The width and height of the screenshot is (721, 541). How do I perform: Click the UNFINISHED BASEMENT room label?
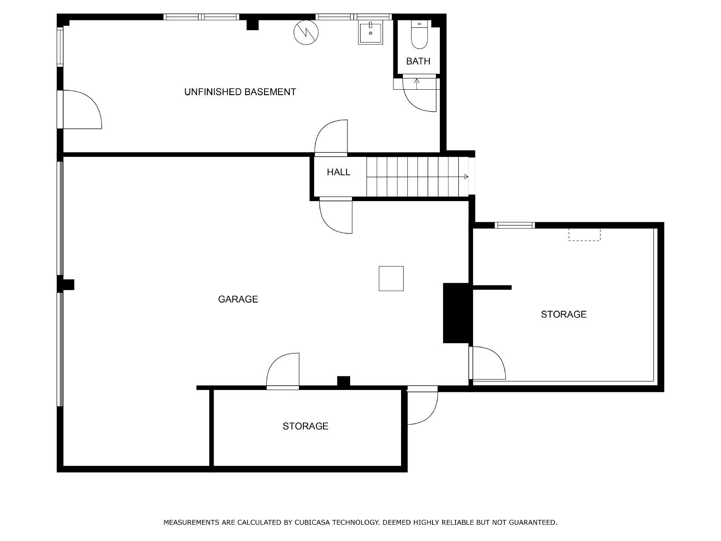pos(240,92)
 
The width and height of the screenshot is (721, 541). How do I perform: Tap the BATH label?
pos(418,61)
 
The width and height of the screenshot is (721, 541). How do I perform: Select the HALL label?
pos(338,172)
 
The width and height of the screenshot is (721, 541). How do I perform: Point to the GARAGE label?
pos(238,299)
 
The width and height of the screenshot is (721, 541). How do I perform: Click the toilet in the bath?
pos(419,34)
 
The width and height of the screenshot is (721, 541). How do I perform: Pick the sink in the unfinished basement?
pos(370,32)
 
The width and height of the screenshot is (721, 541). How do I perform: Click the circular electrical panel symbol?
pos(306,32)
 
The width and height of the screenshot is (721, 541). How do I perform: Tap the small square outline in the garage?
pos(391,279)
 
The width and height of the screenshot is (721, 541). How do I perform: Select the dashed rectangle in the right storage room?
pos(584,235)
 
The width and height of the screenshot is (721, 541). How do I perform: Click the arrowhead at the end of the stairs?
pos(466,177)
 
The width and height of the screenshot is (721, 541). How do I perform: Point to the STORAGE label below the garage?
pos(306,426)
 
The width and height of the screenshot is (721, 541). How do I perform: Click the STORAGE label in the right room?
pos(564,315)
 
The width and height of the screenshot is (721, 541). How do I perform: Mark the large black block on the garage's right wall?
pos(456,313)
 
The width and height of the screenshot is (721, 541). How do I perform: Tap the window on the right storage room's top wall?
pos(515,225)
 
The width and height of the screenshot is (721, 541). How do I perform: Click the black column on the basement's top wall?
pos(252,25)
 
